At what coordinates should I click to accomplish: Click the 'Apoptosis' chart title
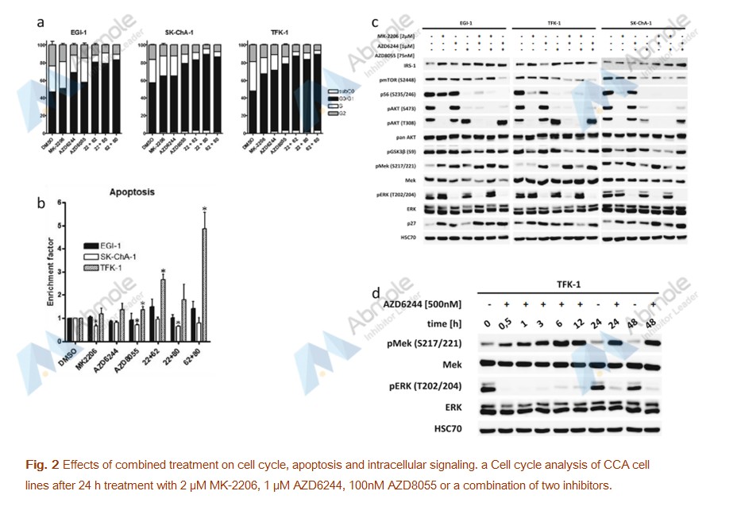point(132,193)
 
